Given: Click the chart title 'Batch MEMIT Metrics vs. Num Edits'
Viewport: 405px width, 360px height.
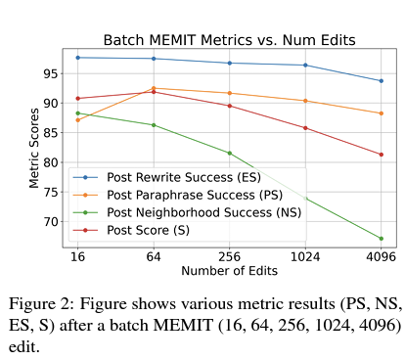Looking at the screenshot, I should coord(229,40).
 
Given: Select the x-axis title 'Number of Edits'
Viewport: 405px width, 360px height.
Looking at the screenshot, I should coord(229,270).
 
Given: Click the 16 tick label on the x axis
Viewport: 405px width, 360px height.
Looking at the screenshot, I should coord(77,256).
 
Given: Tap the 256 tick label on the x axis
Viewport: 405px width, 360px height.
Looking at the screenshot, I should coord(229,256).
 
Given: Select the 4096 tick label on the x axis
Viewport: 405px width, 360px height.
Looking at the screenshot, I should coord(381,256).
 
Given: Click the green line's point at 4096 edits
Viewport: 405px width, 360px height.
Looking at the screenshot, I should coord(381,239).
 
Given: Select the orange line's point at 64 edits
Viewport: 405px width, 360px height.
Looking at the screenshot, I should coord(154,88).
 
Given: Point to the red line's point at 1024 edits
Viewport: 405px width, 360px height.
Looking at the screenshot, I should coord(305,127).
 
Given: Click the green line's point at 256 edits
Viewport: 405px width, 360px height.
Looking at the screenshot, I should coord(229,153).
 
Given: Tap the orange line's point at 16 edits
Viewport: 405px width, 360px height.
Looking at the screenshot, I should coord(77,119).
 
